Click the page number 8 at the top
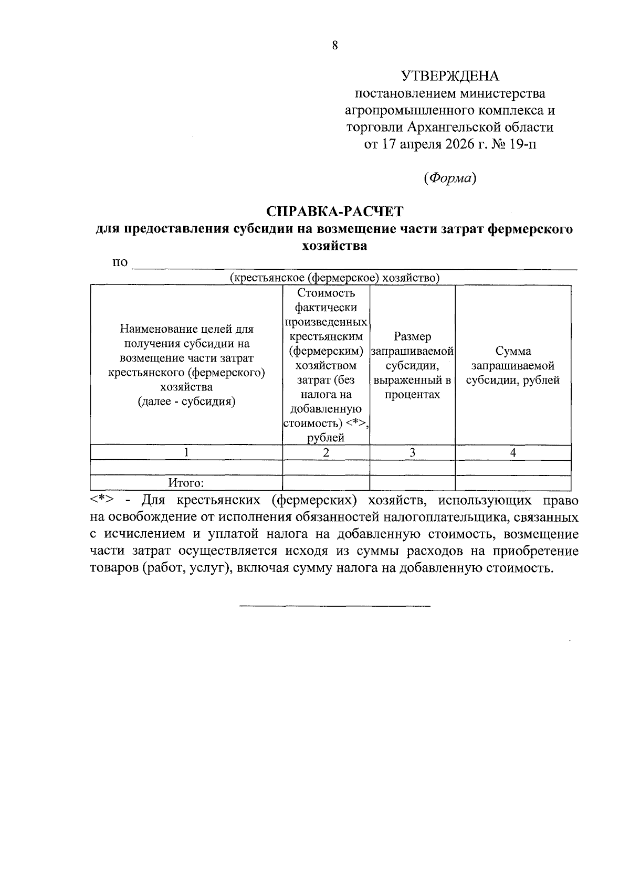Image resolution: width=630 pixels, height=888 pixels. coord(334,45)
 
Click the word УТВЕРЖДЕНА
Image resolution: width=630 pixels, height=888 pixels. coord(450,77)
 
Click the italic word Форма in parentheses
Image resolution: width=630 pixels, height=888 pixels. coord(450,178)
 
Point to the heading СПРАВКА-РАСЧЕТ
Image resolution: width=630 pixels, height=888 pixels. coord(334,212)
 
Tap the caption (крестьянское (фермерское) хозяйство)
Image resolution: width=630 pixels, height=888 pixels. coord(334,278)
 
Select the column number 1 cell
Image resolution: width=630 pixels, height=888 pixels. coord(186,452)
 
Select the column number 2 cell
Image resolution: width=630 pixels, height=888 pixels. coord(326,452)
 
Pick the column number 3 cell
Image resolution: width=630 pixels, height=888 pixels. coord(413,452)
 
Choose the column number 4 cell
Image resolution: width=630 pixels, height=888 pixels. coord(513,452)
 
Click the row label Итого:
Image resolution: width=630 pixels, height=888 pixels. coord(186,483)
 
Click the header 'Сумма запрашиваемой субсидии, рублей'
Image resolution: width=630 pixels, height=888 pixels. coord(513,366)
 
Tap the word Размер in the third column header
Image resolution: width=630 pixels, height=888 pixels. coord(413,336)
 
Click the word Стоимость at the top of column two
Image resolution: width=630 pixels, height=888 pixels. coord(326,293)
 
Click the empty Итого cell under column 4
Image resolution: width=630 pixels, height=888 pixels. coord(513,483)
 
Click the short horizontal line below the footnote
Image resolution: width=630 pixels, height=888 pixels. coord(334,606)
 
